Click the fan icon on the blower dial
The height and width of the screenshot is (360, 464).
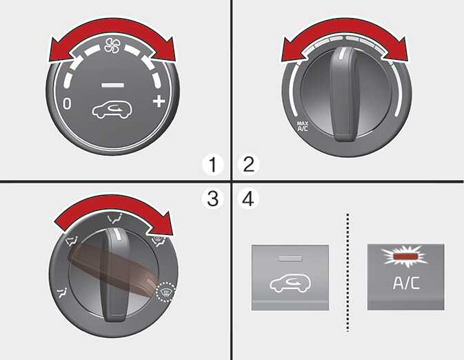click(x=112, y=46)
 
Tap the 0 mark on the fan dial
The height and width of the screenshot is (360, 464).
click(x=67, y=104)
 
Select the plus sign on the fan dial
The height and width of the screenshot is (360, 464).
click(x=159, y=101)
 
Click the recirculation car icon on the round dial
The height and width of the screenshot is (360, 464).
click(x=112, y=110)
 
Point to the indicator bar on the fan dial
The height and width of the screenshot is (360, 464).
click(x=112, y=86)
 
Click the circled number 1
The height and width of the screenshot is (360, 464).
click(x=213, y=165)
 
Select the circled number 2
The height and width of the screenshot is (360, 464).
click(x=249, y=165)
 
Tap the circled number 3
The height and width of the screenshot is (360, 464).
click(x=213, y=199)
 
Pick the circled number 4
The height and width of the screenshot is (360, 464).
click(x=249, y=199)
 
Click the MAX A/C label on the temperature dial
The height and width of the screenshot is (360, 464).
click(x=303, y=126)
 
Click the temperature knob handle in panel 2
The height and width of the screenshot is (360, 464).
click(x=343, y=93)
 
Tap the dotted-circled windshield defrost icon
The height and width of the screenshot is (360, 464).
click(x=165, y=292)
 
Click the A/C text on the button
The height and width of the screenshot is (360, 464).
click(x=406, y=283)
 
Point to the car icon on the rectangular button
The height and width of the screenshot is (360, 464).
click(x=290, y=283)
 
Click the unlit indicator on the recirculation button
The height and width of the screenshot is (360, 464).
click(x=290, y=259)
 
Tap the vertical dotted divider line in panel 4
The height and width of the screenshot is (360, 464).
click(x=347, y=272)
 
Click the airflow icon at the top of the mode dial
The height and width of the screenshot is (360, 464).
click(x=115, y=219)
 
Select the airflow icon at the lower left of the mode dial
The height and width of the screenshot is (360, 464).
click(x=62, y=293)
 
